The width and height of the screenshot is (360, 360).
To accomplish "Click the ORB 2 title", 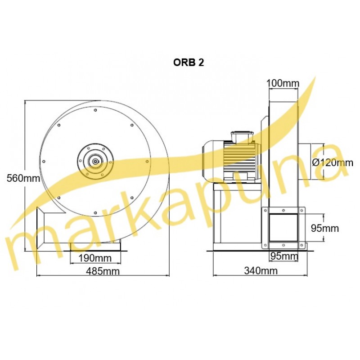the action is (189, 63).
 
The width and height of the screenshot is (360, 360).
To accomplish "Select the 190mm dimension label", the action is (95, 258).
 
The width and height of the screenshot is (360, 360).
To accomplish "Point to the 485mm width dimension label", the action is (103, 271).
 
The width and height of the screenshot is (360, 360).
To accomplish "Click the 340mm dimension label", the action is (261, 271).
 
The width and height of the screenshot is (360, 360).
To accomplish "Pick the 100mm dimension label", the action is (283, 83).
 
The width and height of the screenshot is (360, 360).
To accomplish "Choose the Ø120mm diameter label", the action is (333, 162).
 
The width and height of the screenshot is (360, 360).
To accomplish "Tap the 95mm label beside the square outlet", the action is (325, 228).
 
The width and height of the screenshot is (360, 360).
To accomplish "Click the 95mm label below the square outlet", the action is (284, 256).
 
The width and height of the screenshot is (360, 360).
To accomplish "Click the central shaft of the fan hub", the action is (95, 162).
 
